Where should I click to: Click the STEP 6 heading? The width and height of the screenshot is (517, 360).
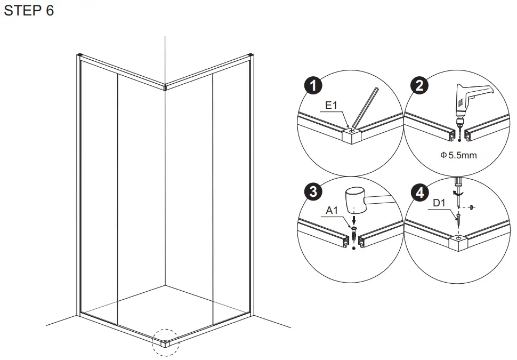tap(29, 11)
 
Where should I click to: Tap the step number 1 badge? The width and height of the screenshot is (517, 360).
tap(315, 86)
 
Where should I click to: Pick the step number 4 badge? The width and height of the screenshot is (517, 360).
tap(421, 191)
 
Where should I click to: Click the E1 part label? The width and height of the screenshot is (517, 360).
tap(332, 106)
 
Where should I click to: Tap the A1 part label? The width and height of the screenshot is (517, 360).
tap(332, 211)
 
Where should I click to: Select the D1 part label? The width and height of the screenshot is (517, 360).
tap(439, 203)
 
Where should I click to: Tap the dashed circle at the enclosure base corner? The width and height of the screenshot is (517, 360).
tap(166, 342)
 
